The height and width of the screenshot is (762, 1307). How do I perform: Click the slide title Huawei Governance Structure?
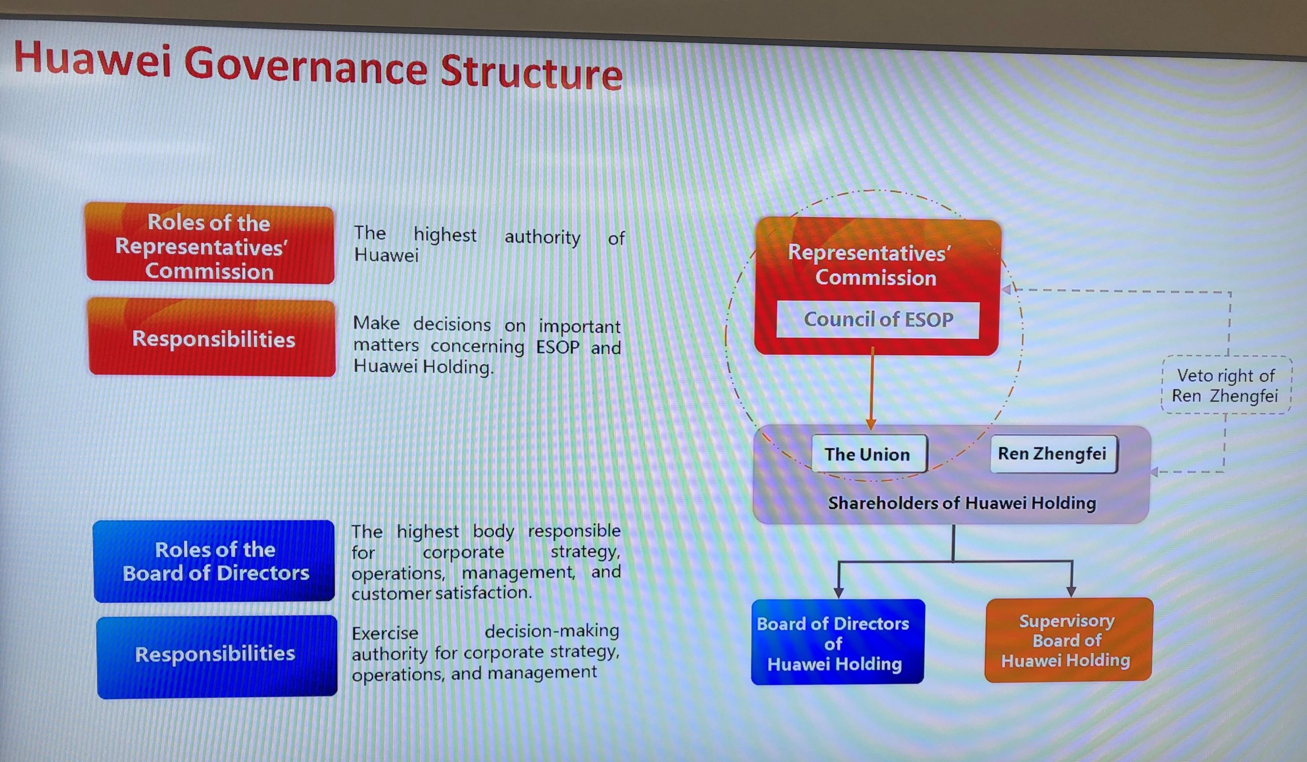point(318,66)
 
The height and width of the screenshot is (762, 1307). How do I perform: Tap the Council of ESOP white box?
point(878,320)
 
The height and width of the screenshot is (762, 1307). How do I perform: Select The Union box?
point(869,454)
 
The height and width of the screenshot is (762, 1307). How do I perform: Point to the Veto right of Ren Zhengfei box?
point(1226,385)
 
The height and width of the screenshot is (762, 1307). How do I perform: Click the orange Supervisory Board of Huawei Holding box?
point(1068,640)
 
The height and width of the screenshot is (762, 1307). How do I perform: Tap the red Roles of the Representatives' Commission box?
point(209,244)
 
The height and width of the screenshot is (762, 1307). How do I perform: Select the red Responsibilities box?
point(211,338)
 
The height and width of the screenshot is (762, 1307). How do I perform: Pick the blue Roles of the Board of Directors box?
point(214,561)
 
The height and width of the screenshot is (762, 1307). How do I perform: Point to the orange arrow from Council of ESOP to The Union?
point(872,388)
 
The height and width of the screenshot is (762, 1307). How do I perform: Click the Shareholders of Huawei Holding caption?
point(962,503)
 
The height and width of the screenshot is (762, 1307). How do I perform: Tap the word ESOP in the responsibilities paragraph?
point(558,347)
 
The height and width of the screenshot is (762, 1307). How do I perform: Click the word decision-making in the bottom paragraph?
point(552,631)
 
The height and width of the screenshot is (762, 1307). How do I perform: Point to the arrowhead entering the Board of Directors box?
point(839,593)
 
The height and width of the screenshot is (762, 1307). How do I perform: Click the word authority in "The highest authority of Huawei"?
point(543,237)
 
